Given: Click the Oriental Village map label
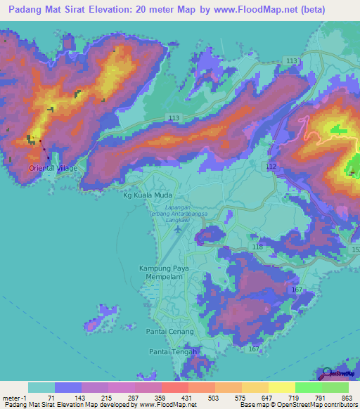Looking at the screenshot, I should click(53, 169).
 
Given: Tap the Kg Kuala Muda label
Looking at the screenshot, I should click(148, 197).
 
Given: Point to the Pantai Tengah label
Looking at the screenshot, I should click(172, 351).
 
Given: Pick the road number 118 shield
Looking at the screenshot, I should click(257, 247).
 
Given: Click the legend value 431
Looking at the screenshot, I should click(187, 398).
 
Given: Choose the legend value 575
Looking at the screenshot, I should click(240, 398).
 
